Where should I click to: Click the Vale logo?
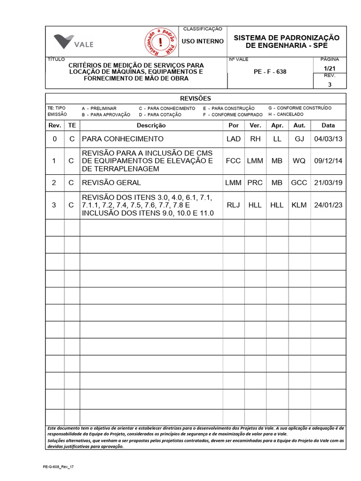pyautogui.click(x=73, y=42)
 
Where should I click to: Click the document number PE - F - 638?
pyautogui.click(x=270, y=72)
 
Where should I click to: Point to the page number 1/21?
pyautogui.click(x=329, y=69)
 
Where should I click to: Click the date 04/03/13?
pyautogui.click(x=328, y=139)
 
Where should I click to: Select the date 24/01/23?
pyautogui.click(x=328, y=205)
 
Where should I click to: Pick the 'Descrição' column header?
pyautogui.click(x=151, y=125)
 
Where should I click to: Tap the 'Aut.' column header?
pyautogui.click(x=299, y=125)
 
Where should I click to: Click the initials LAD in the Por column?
pyautogui.click(x=233, y=139)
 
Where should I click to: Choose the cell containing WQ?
pyautogui.click(x=299, y=161)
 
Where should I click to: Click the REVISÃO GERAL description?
pyautogui.click(x=111, y=183)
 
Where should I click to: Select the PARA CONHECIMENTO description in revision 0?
pyautogui.click(x=123, y=139)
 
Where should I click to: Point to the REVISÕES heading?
pyautogui.click(x=196, y=99)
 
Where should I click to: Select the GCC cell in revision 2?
pyautogui.click(x=299, y=183)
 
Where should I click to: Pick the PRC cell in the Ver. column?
pyautogui.click(x=255, y=183)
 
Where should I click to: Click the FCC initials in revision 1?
pyautogui.click(x=233, y=161)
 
